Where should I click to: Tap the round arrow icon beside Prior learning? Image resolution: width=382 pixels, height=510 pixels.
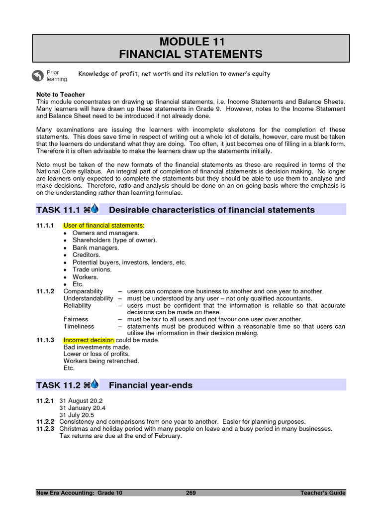37,76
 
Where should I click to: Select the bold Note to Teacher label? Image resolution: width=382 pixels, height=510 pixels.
61,94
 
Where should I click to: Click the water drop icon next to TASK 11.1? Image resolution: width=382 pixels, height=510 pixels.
95,209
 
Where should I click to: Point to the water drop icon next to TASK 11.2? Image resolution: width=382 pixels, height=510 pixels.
95,384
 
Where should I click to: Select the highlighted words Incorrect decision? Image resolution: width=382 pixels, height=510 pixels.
89,340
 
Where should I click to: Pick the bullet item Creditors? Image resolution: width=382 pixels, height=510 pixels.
86,255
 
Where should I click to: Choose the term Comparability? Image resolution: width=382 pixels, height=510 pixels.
83,291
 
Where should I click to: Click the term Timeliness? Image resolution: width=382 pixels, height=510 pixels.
79,326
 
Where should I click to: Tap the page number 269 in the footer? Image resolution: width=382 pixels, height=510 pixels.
191,493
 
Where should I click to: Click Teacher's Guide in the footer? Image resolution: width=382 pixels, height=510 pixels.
323,493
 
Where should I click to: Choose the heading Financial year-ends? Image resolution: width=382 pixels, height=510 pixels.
151,385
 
